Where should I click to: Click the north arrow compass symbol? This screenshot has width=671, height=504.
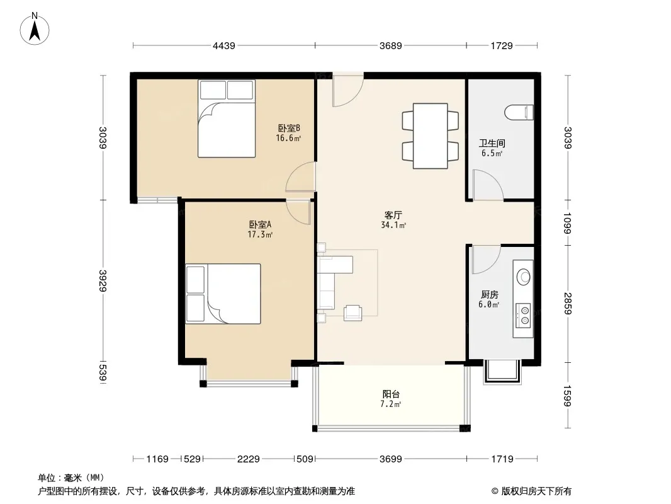(35, 30)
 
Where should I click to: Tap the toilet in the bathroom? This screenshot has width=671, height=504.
(519, 113)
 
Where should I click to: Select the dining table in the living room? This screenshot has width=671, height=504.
(430, 135)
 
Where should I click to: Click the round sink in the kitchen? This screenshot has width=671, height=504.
(523, 277)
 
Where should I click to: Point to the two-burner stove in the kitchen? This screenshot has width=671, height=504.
(523, 315)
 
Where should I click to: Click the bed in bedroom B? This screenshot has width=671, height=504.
(227, 118)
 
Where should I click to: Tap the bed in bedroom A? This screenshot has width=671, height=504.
(223, 294)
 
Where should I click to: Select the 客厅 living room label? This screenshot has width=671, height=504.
(393, 215)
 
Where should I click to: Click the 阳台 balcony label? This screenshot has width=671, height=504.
(391, 394)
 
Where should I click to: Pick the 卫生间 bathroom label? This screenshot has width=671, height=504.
(492, 143)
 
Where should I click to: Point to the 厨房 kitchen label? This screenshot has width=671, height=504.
(489, 294)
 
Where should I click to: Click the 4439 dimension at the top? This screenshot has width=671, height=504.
(224, 45)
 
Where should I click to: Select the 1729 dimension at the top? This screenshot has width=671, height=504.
(502, 45)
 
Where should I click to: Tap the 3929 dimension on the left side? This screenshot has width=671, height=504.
(102, 281)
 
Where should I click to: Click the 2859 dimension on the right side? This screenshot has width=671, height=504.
(567, 304)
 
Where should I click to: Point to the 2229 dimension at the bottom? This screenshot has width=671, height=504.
(248, 459)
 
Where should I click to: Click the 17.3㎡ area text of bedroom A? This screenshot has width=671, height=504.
(260, 234)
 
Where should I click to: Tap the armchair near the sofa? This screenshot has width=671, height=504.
(353, 312)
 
